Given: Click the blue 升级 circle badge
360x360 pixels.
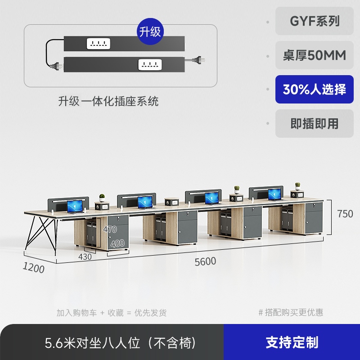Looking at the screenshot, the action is [150, 31].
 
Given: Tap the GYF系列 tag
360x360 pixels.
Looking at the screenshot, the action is [314, 21].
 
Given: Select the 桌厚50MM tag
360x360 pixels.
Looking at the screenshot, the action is [314, 55].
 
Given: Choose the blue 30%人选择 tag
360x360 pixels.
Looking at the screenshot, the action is [314, 89].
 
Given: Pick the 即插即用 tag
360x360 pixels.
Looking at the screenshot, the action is [314, 123].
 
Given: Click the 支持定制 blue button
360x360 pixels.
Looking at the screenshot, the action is [292, 342].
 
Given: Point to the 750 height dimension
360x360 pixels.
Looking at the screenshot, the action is [345, 214].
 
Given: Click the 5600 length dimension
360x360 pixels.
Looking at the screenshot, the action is [205, 261].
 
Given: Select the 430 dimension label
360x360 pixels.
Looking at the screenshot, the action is [85, 256].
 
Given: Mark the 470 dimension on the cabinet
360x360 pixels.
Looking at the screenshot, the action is [110, 229].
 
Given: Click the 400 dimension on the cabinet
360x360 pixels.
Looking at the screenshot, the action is [117, 243].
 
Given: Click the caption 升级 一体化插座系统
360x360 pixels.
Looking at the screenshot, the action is [108, 101].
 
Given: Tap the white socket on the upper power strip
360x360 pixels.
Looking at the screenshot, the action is [99, 44].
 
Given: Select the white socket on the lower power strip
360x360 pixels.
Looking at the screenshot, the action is [150, 64].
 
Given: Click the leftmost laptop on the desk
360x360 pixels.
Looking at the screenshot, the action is [75, 207].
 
